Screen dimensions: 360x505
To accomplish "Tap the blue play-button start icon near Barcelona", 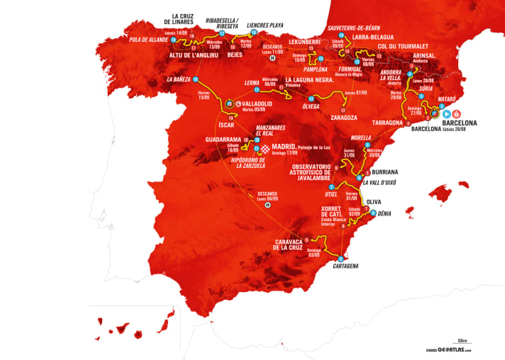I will pos(446,113).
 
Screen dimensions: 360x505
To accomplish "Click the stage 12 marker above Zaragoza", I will pos(343,110).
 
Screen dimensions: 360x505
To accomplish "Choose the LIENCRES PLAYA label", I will pos(265,25).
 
